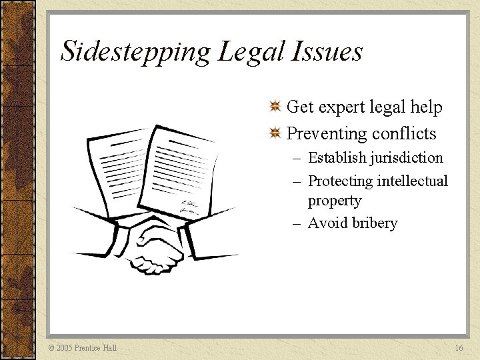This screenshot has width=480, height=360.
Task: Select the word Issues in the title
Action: (326, 52)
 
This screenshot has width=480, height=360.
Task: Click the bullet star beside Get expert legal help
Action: (274, 107)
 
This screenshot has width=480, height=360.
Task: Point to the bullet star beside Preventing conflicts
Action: (274, 133)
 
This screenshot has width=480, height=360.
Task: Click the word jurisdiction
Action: (409, 159)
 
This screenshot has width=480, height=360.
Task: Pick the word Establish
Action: (337, 158)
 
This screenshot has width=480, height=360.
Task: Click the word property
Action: (335, 201)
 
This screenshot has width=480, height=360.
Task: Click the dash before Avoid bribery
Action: (298, 223)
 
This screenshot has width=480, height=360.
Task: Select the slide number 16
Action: (459, 348)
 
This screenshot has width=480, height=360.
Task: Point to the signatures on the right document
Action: (188, 205)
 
